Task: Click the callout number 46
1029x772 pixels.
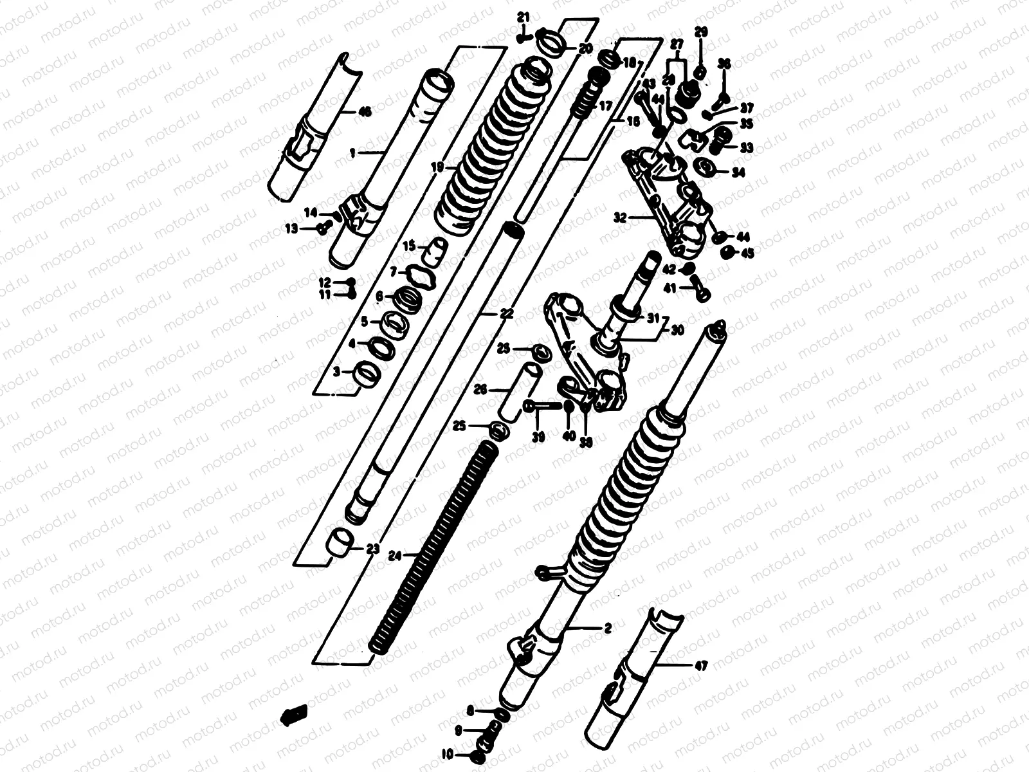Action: tap(364, 113)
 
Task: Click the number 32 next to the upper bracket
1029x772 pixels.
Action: tap(620, 218)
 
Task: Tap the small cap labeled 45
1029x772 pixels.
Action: tap(729, 252)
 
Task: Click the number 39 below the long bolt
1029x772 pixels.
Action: tap(538, 437)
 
